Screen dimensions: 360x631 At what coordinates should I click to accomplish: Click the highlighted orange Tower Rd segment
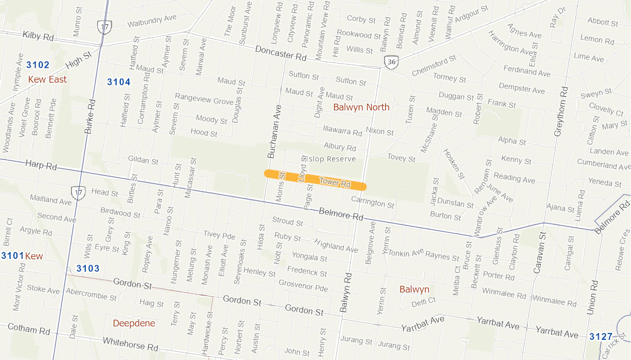click(x=315, y=179)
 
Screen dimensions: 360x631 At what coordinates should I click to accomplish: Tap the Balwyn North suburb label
click(x=361, y=107)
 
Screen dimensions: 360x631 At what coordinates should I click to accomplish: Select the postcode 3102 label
click(x=38, y=65)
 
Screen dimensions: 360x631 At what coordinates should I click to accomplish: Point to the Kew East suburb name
click(x=48, y=79)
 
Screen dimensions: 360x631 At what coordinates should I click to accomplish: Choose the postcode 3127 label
click(x=601, y=336)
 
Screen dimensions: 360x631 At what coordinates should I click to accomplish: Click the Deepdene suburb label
click(x=134, y=323)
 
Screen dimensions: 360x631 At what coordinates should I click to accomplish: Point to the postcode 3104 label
click(x=119, y=82)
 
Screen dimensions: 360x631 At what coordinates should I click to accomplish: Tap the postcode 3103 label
click(x=88, y=268)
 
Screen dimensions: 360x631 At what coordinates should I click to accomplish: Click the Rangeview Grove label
click(x=204, y=99)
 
